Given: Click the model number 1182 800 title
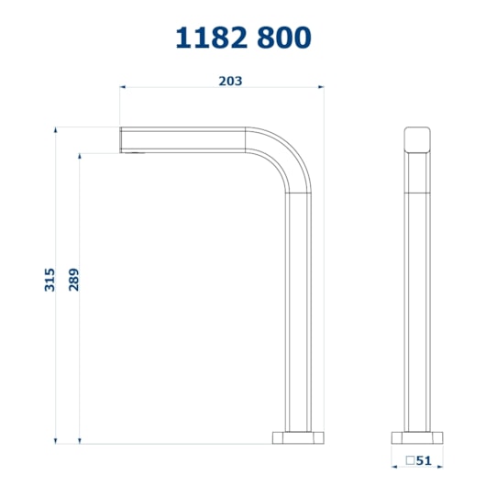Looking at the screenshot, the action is [x=243, y=38].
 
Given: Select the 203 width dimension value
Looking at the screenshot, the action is [x=230, y=82].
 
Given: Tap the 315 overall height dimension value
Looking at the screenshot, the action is [x=50, y=280].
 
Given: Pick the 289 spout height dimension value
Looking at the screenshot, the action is [x=73, y=280].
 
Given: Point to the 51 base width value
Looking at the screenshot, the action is [x=424, y=460].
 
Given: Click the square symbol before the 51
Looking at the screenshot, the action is [x=411, y=460].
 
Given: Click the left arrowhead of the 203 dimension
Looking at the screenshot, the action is [x=123, y=87].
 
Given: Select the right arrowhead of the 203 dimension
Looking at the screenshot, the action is [x=321, y=87].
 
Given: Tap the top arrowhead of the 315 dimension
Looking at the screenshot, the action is [x=56, y=130].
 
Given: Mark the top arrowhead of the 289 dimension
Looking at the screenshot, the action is [x=80, y=156].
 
